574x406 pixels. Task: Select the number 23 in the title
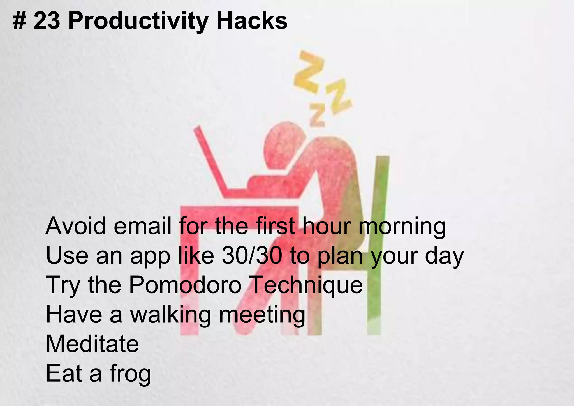click(47, 21)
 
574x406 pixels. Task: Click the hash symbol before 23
click(19, 21)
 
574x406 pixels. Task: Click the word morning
click(402, 227)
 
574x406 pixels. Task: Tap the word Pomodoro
click(185, 285)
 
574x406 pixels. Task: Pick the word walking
click(170, 315)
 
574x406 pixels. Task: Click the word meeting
click(262, 315)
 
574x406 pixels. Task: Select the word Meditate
click(92, 344)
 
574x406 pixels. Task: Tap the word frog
click(130, 374)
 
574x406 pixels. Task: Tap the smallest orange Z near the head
click(318, 114)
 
